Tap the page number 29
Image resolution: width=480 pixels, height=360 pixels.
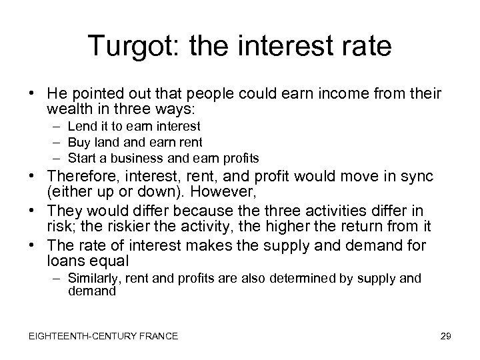pyautogui.click(x=445, y=336)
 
